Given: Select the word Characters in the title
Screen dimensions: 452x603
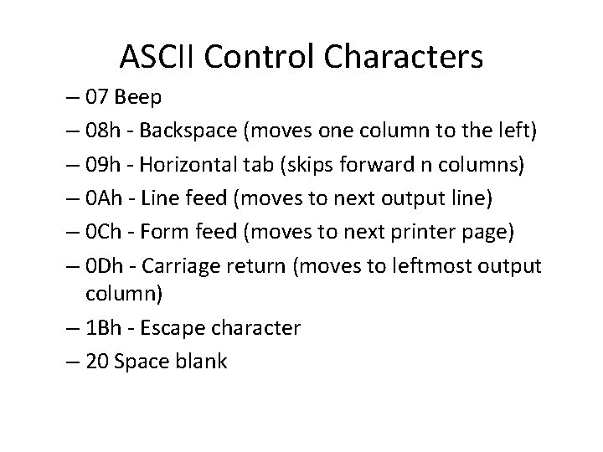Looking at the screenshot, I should [x=403, y=56].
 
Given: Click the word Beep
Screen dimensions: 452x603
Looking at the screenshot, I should [x=140, y=97].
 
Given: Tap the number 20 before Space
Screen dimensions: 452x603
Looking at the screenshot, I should [x=97, y=361].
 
